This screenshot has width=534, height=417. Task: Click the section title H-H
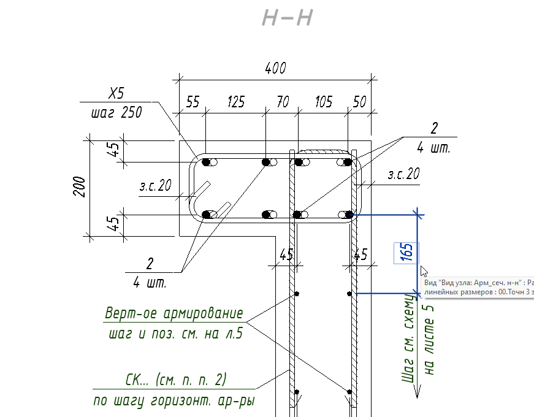pos(288,18)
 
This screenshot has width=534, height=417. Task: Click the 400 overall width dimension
pos(275,69)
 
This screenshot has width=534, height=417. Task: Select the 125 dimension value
pos(236,102)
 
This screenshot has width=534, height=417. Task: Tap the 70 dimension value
pos(283,102)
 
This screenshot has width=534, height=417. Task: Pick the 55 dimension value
pos(193,102)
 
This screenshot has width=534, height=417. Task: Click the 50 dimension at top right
pos(360,102)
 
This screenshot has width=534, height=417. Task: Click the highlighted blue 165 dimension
pos(406,253)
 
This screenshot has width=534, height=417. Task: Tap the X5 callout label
pos(116,94)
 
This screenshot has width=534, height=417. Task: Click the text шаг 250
pos(116,113)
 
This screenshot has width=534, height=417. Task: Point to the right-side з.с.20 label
pos(403,175)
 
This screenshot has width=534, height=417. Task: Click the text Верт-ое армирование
pos(174,314)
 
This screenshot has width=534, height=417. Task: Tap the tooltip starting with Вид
pos(478,287)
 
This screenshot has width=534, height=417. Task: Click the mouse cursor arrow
pos(423,270)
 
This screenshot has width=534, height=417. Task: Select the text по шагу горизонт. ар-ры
pos(174,402)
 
